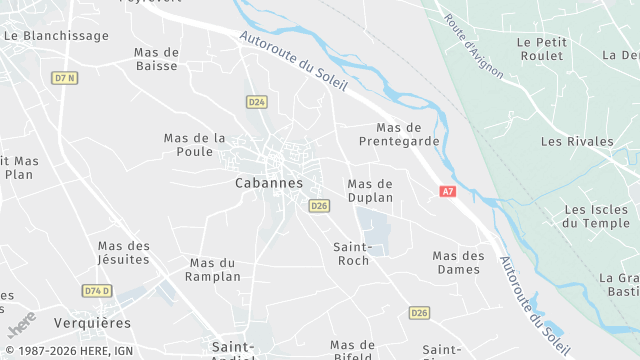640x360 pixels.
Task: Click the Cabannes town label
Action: (x=268, y=183)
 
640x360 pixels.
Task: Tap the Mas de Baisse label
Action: (x=156, y=59)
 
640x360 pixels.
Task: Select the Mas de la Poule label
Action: (x=195, y=145)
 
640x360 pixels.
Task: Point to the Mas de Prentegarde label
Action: (x=407, y=135)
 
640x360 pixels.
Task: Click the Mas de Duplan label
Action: (x=369, y=191)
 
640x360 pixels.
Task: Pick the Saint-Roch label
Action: (x=353, y=253)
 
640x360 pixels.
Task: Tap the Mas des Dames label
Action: (x=458, y=262)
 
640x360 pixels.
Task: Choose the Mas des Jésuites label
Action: (x=124, y=253)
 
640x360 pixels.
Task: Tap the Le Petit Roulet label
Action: (x=541, y=49)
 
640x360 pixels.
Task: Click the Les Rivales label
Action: (x=577, y=142)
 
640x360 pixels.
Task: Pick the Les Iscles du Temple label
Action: (x=596, y=216)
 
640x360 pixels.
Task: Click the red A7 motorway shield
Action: (x=447, y=191)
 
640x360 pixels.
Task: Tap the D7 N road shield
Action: (x=65, y=77)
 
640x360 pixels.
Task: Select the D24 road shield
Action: (x=256, y=102)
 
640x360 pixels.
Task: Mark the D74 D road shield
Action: (x=97, y=290)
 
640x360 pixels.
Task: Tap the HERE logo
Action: (x=21, y=325)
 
